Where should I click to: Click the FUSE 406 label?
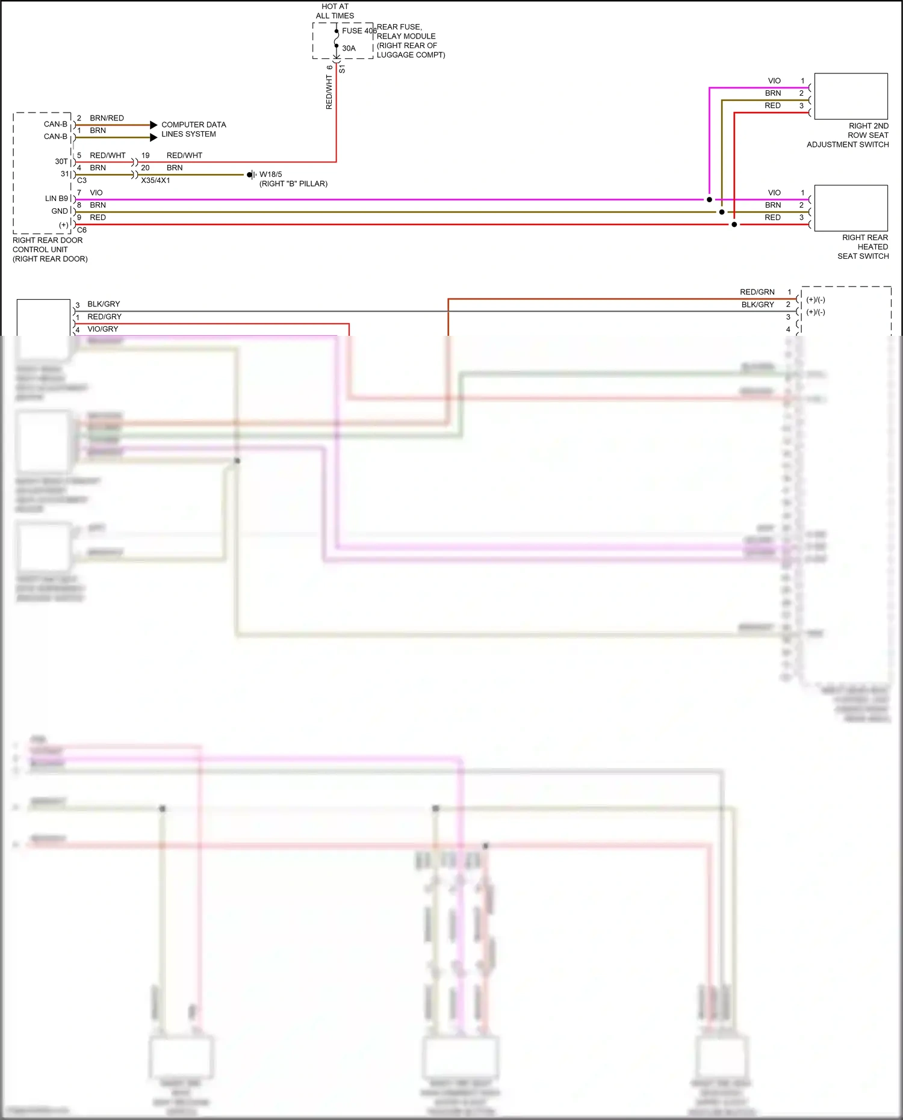[x=359, y=31]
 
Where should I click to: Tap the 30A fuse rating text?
[x=349, y=48]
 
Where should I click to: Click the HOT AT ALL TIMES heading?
[x=335, y=11]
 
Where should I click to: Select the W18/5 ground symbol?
[x=250, y=175]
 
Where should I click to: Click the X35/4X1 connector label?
[x=155, y=181]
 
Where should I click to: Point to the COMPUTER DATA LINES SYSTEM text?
[x=193, y=129]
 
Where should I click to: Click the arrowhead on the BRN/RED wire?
[x=154, y=125]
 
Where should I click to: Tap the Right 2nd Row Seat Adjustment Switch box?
[x=851, y=96]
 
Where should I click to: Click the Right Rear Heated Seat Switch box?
[x=851, y=208]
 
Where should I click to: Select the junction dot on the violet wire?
[x=709, y=199]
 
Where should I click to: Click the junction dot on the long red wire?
[x=734, y=224]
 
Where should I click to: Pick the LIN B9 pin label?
[x=57, y=199]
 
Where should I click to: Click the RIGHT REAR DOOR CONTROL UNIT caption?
[x=49, y=249]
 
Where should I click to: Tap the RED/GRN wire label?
[x=757, y=292]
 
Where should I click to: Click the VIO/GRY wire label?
[x=102, y=329]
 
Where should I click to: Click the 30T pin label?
[x=61, y=161]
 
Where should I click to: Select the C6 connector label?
[x=82, y=230]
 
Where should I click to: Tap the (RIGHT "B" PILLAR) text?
[x=293, y=184]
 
